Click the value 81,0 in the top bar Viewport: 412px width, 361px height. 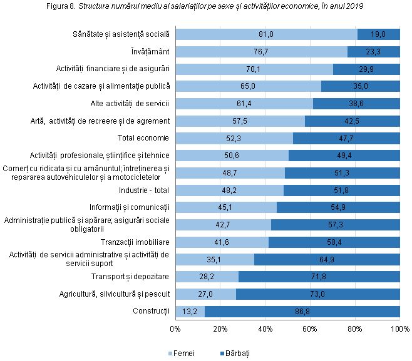tap(266, 34)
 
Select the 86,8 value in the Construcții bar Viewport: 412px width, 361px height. tap(302, 311)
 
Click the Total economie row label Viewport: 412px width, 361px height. tap(144, 138)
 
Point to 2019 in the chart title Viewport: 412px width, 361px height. tap(354, 7)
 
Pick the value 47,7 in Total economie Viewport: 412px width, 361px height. tap(346, 138)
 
